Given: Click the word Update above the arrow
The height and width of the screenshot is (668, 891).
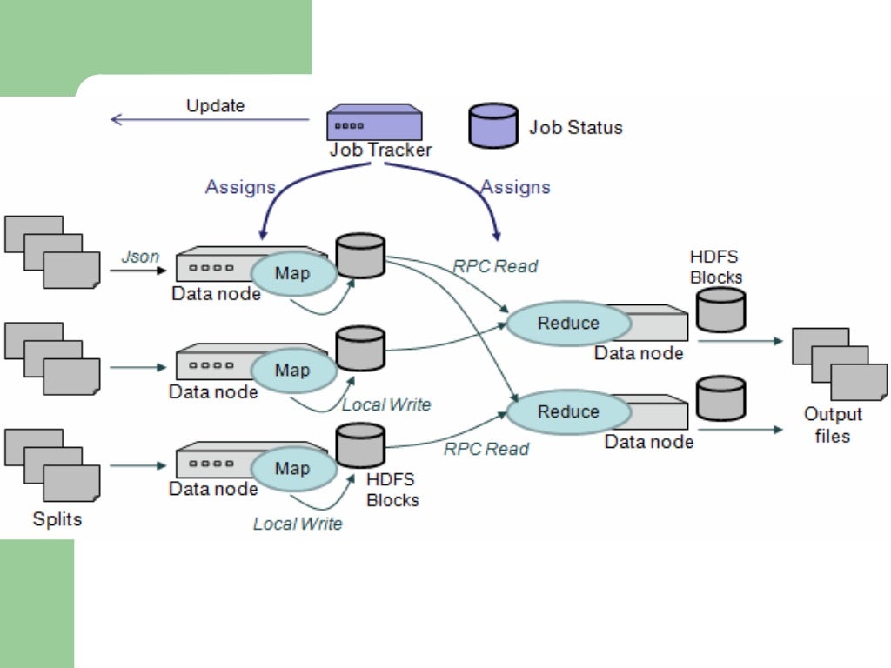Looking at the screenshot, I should pos(215,106).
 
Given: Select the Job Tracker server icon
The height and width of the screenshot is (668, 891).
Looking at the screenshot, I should pos(374,123).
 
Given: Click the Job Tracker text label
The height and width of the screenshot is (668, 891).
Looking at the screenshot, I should pos(380,150).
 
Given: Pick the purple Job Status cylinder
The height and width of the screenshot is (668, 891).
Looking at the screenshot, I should pos(493,125).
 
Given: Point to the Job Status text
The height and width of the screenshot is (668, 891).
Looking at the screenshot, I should pos(576,127).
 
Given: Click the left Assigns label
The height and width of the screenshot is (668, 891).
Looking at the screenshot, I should pos(240,187).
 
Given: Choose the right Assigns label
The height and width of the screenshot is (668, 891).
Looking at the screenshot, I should pos(515,187).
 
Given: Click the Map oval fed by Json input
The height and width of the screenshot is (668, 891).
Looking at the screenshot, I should pos(292,274).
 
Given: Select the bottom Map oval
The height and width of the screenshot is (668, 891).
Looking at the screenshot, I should pos(292,469).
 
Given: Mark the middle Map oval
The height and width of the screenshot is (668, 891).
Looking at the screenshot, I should pos(292,371).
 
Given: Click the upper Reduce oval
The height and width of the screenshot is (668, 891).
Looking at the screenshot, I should pos(568,324).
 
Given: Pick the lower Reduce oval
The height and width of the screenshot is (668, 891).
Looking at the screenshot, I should pos(568,411).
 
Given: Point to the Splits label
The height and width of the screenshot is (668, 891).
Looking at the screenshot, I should pos(57,519).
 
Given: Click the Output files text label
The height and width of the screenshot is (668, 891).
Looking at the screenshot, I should pos(833,424).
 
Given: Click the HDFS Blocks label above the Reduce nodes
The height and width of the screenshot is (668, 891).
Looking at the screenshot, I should pos(716,266).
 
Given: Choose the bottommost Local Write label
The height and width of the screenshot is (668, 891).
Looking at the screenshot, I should pos(298,524).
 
